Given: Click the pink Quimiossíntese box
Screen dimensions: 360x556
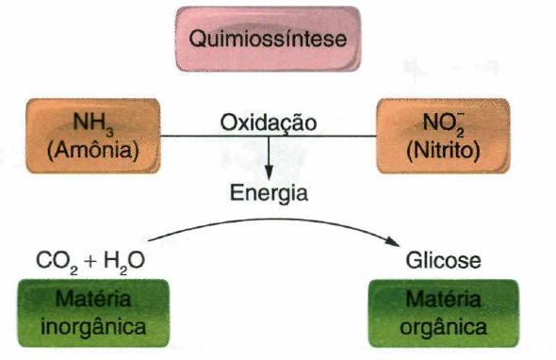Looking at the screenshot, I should (269, 41).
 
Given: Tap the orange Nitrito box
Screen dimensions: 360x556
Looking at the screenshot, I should (442, 138).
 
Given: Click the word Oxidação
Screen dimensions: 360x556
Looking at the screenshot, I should (268, 123).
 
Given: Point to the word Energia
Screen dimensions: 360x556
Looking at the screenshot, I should (269, 193).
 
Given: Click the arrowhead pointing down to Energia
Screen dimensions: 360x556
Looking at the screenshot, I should (269, 172).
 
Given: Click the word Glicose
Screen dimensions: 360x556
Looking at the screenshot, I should (442, 261).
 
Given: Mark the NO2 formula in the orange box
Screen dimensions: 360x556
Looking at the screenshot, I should (442, 123).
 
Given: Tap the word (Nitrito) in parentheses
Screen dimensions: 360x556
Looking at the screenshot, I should (442, 150).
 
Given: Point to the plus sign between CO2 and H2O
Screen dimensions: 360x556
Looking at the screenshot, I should (90, 261).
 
